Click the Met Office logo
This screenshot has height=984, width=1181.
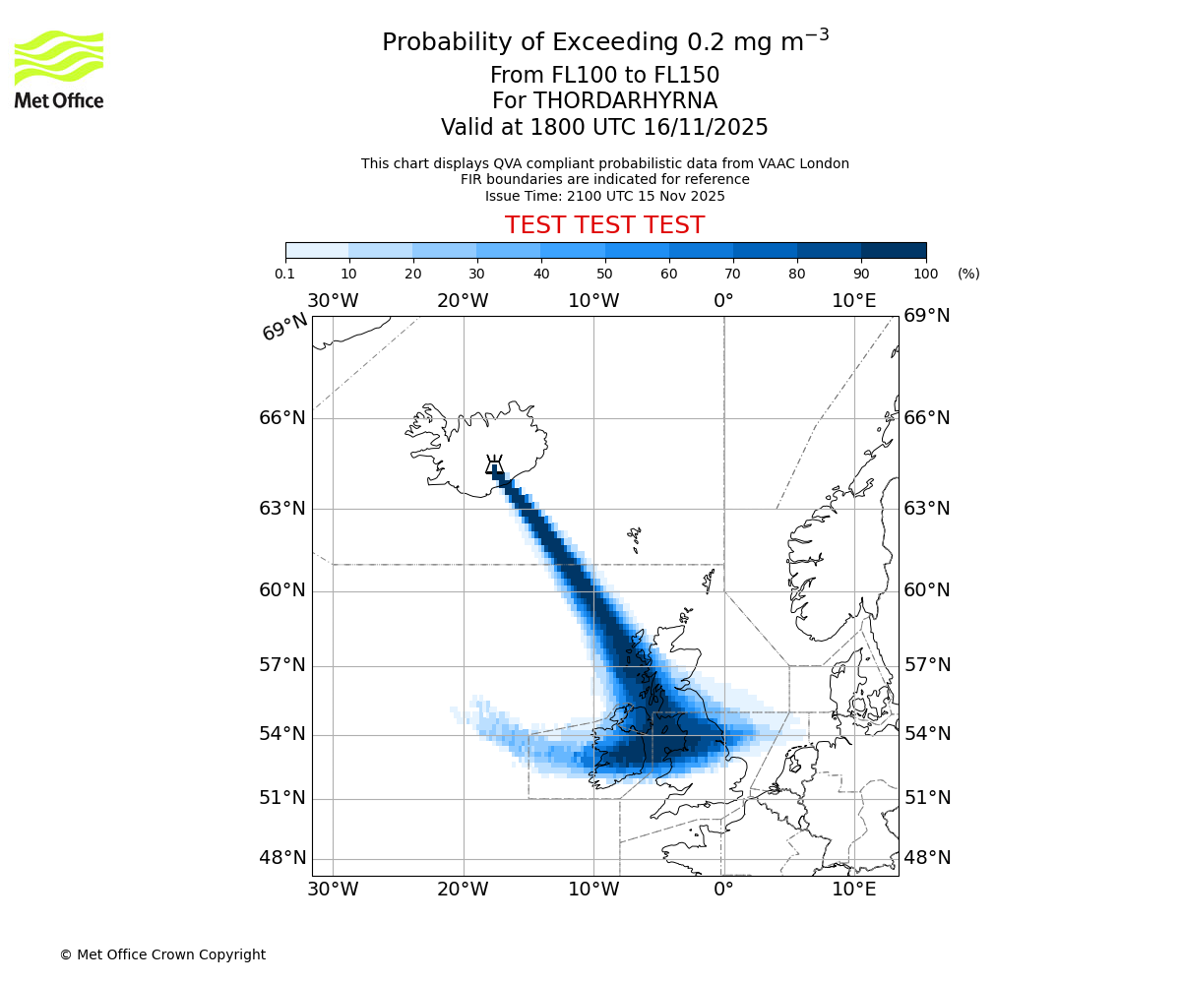59,69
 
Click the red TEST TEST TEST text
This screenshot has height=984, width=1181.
604,225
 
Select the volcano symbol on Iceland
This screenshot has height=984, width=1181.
494,464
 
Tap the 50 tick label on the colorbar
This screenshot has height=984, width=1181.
604,274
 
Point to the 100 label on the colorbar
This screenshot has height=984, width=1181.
925,274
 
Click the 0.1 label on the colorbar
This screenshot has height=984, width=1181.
286,274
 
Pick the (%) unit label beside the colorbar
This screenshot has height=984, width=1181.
968,274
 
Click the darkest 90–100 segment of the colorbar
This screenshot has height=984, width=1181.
894,250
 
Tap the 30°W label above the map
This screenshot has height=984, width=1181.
333,301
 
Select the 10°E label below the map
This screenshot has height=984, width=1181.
853,890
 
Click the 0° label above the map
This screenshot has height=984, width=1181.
723,301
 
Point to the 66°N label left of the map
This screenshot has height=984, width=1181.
282,418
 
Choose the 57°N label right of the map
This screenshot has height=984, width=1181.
927,665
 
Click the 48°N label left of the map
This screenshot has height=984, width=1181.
282,858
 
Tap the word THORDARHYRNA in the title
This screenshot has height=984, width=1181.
625,101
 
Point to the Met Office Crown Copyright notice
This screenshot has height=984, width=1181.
162,954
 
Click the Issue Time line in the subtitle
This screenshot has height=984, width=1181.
604,196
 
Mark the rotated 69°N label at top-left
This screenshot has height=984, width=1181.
285,328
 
